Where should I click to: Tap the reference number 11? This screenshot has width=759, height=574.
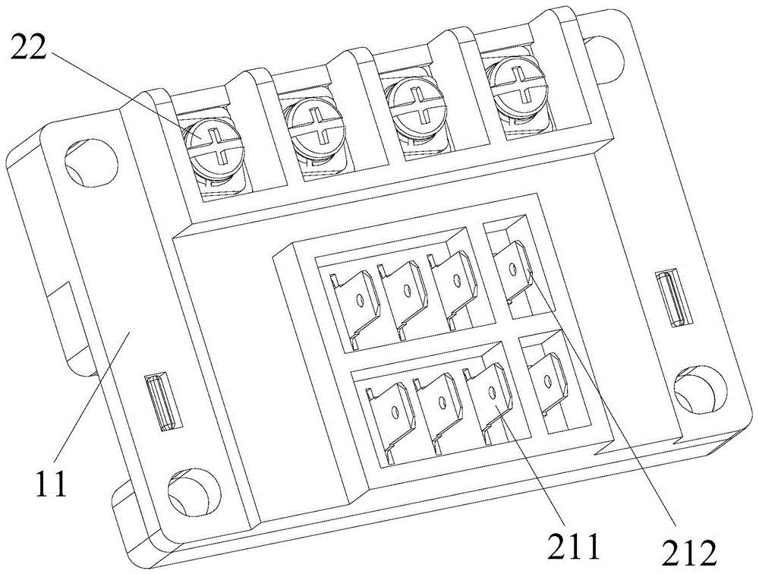click(50, 481)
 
